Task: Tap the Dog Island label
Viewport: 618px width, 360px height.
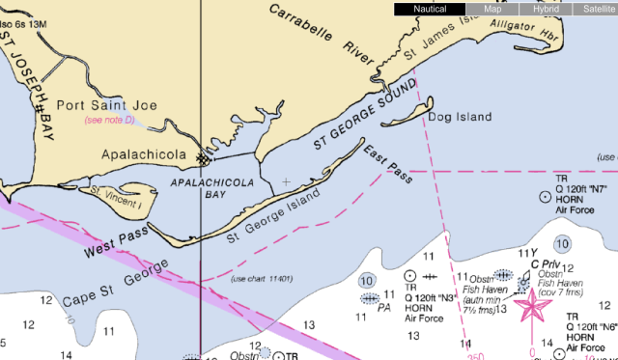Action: click(x=459, y=118)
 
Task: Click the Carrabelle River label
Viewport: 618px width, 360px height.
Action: click(x=319, y=33)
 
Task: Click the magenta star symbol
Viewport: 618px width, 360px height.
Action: click(x=530, y=306)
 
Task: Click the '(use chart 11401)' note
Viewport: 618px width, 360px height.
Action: click(x=262, y=279)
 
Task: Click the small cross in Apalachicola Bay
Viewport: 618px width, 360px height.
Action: click(x=286, y=181)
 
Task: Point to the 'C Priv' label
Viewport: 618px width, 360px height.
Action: click(x=547, y=263)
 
